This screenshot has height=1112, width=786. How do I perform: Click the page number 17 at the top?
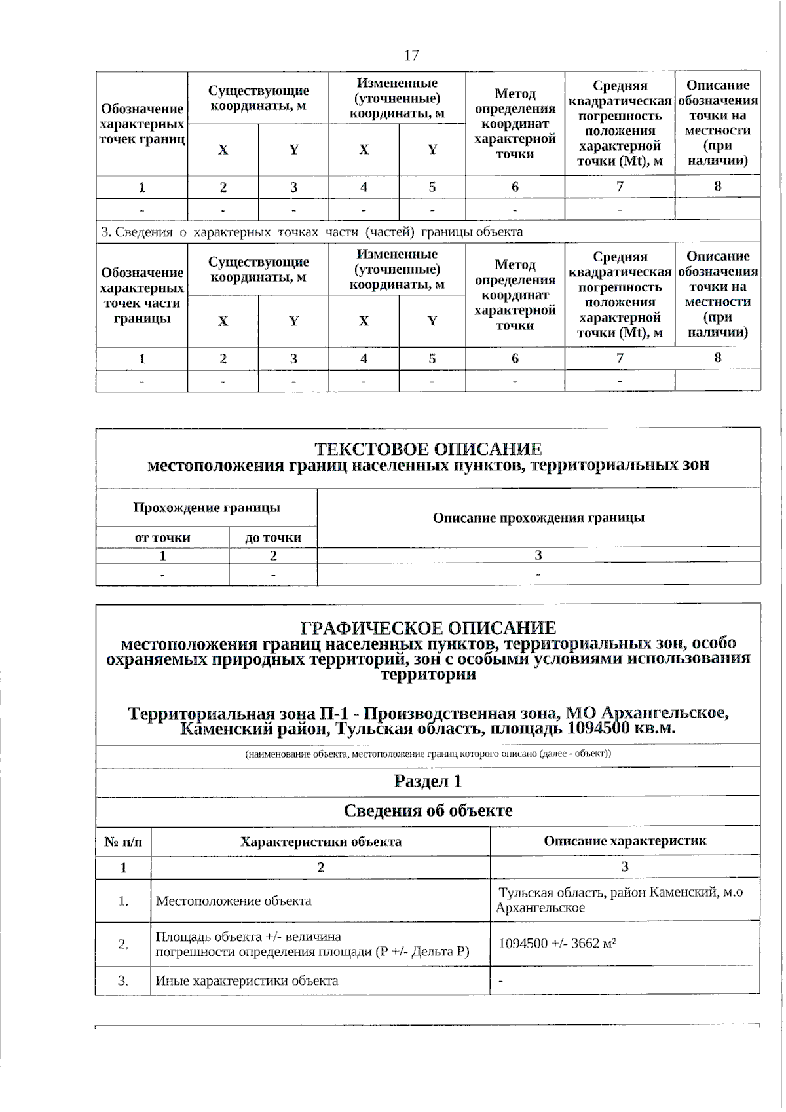click(x=411, y=55)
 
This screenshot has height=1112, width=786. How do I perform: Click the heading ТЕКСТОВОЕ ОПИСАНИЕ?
click(x=428, y=449)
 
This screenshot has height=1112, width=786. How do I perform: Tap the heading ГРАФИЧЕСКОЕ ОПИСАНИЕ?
click(x=428, y=628)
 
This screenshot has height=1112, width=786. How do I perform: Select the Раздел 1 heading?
click(x=428, y=781)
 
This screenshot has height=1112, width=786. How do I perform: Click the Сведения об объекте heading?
click(x=428, y=811)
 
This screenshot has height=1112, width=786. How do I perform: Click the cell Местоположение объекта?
click(x=233, y=901)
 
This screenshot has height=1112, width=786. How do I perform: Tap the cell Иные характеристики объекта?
click(x=247, y=981)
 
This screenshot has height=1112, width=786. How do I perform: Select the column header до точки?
click(x=273, y=538)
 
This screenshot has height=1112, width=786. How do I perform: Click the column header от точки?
click(x=162, y=538)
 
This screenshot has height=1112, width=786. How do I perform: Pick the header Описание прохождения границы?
click(x=538, y=518)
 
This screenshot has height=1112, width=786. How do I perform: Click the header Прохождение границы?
click(x=206, y=508)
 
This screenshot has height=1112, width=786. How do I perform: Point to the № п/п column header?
click(x=123, y=842)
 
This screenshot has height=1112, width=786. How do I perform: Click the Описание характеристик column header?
click(x=625, y=841)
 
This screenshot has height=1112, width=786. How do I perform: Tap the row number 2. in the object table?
click(x=123, y=944)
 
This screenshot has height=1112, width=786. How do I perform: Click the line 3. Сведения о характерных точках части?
click(x=312, y=232)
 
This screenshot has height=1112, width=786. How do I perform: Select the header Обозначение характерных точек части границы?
click(x=141, y=295)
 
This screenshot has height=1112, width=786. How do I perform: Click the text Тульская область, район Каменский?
click(x=620, y=893)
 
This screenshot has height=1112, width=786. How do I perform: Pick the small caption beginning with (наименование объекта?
click(x=428, y=754)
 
